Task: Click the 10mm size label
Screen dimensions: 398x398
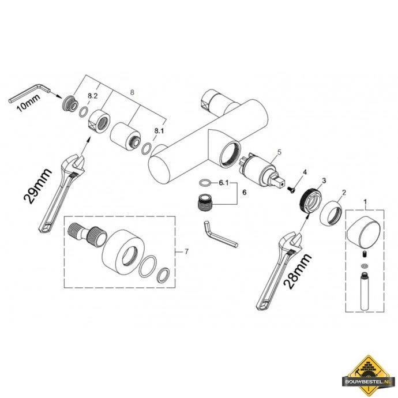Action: pyautogui.click(x=28, y=103)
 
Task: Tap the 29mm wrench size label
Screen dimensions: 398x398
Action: pyautogui.click(x=37, y=186)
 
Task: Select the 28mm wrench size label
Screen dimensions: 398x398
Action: pyautogui.click(x=298, y=271)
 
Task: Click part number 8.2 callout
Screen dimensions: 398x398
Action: pyautogui.click(x=93, y=96)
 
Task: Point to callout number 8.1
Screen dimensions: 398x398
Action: pyautogui.click(x=159, y=131)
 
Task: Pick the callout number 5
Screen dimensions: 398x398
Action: pyautogui.click(x=279, y=152)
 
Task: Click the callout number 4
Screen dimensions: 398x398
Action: pyautogui.click(x=305, y=172)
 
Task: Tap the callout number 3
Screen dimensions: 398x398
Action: pyautogui.click(x=324, y=181)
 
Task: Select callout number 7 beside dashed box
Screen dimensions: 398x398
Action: pyautogui.click(x=186, y=251)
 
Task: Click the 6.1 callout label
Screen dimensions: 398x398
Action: pyautogui.click(x=224, y=183)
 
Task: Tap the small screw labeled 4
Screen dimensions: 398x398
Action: pyautogui.click(x=291, y=190)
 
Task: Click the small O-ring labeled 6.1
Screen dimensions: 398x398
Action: pyautogui.click(x=205, y=182)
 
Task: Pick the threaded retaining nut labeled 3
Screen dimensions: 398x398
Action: pyautogui.click(x=311, y=201)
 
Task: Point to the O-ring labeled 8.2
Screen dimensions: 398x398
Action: pyautogui.click(x=84, y=112)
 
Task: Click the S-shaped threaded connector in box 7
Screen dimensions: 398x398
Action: pyautogui.click(x=87, y=234)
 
